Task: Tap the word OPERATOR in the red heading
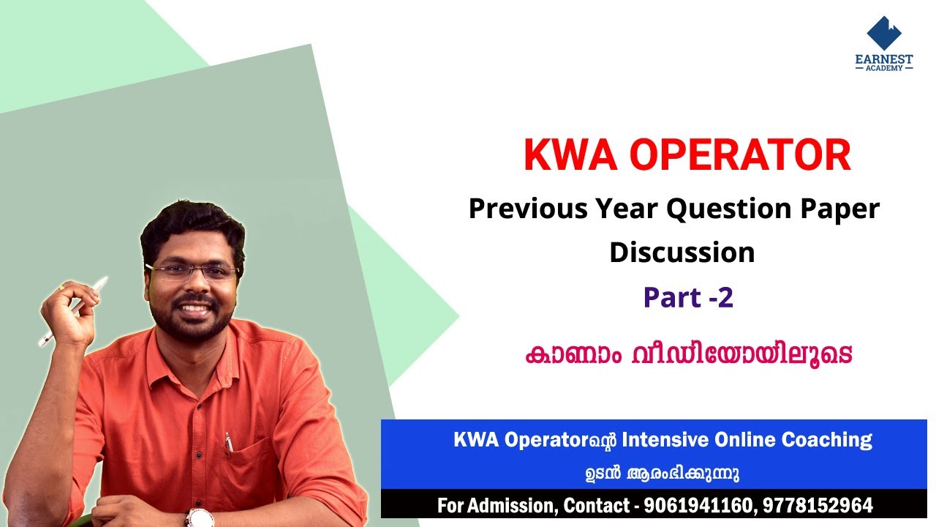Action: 739,156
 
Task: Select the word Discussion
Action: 682,253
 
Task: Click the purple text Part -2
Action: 687,297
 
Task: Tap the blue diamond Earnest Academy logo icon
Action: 884,33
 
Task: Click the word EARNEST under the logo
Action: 884,59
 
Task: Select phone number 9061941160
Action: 699,506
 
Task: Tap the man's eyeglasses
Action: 193,272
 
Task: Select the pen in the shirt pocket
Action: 229,442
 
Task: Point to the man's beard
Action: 193,322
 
